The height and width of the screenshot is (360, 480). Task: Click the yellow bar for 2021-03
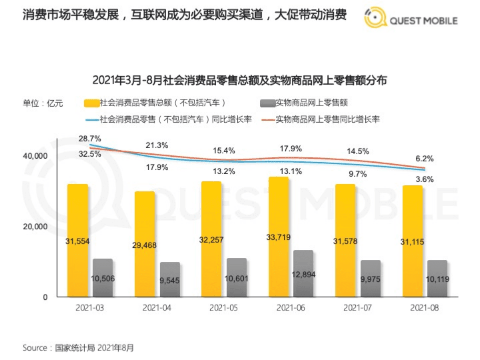point(78,240)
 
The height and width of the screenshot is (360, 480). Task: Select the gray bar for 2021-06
point(303,273)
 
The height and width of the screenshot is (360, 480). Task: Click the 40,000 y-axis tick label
point(35,156)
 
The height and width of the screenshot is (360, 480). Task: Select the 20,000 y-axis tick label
point(35,226)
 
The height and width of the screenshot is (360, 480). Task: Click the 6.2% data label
point(424,158)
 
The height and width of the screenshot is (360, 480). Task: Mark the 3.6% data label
point(424,179)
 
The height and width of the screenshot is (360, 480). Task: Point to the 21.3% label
point(157,145)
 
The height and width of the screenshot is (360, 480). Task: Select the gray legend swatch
point(268,103)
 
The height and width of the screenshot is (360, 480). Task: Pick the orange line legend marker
point(268,120)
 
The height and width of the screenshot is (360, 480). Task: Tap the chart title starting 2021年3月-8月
point(239,80)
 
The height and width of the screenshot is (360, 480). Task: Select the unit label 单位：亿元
point(43,103)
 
